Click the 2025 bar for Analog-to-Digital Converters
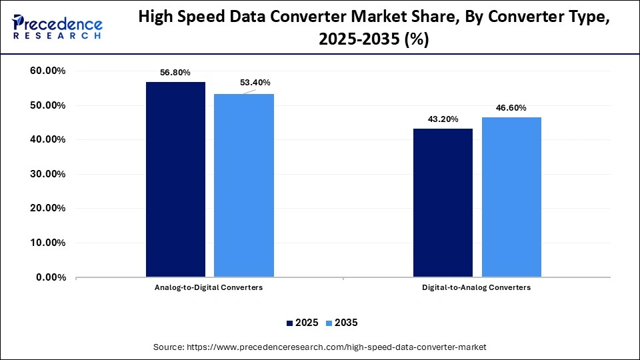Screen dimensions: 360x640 click(175, 179)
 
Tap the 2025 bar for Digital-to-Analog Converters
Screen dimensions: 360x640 click(443, 203)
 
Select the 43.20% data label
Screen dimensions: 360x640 click(443, 119)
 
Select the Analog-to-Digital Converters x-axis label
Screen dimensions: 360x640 click(209, 287)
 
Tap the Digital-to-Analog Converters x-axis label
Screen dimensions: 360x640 click(477, 287)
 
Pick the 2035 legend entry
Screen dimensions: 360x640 click(341, 323)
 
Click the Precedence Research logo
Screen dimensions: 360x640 click(57, 27)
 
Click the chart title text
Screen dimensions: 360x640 click(373, 29)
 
